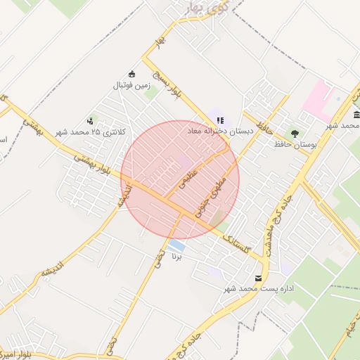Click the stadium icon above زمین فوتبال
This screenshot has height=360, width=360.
tap(131, 74)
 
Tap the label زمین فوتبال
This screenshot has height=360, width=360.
tap(131, 85)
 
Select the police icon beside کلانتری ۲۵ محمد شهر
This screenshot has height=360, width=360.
tap(90, 121)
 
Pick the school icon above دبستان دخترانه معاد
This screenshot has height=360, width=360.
tap(220, 121)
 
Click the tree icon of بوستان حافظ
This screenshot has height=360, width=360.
tap(295, 133)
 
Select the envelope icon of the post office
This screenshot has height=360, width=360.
tap(259, 278)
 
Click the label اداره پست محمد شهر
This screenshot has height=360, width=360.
tap(259, 289)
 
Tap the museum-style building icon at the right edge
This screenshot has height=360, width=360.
tap(357, 115)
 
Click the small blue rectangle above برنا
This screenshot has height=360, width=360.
tap(178, 246)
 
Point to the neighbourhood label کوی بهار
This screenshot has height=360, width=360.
tap(204, 8)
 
